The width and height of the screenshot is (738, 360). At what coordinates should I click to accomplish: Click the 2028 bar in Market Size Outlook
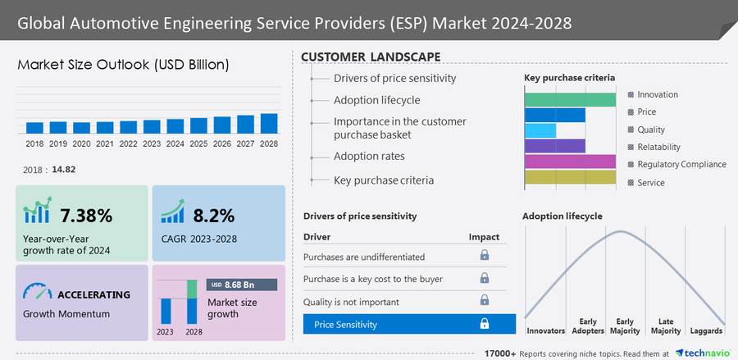pyautogui.click(x=269, y=123)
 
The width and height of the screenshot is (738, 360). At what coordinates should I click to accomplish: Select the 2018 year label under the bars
pyautogui.click(x=34, y=144)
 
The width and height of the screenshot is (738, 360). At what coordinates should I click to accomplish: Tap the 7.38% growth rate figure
pyautogui.click(x=86, y=216)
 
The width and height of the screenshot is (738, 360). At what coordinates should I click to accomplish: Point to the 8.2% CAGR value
pyautogui.click(x=214, y=216)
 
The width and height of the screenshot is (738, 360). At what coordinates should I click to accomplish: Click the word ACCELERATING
pyautogui.click(x=93, y=294)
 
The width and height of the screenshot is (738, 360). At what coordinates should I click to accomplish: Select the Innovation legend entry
pyautogui.click(x=657, y=94)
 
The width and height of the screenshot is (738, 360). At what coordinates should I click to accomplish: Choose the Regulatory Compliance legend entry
pyautogui.click(x=681, y=164)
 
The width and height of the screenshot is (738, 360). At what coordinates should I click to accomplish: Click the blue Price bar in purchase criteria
pyautogui.click(x=554, y=115)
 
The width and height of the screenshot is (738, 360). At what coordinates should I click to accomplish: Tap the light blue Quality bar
pyautogui.click(x=540, y=130)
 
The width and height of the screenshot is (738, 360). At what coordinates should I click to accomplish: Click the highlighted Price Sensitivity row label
pyautogui.click(x=345, y=324)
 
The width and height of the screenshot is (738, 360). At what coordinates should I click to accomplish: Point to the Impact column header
pyautogui.click(x=484, y=237)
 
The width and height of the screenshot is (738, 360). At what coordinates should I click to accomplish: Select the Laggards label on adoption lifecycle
pyautogui.click(x=706, y=330)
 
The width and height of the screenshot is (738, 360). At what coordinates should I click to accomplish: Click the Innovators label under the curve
pyautogui.click(x=545, y=330)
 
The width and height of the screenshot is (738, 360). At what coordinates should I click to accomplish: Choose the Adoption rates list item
pyautogui.click(x=369, y=156)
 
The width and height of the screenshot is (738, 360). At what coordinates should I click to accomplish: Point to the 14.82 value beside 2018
pyautogui.click(x=63, y=170)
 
